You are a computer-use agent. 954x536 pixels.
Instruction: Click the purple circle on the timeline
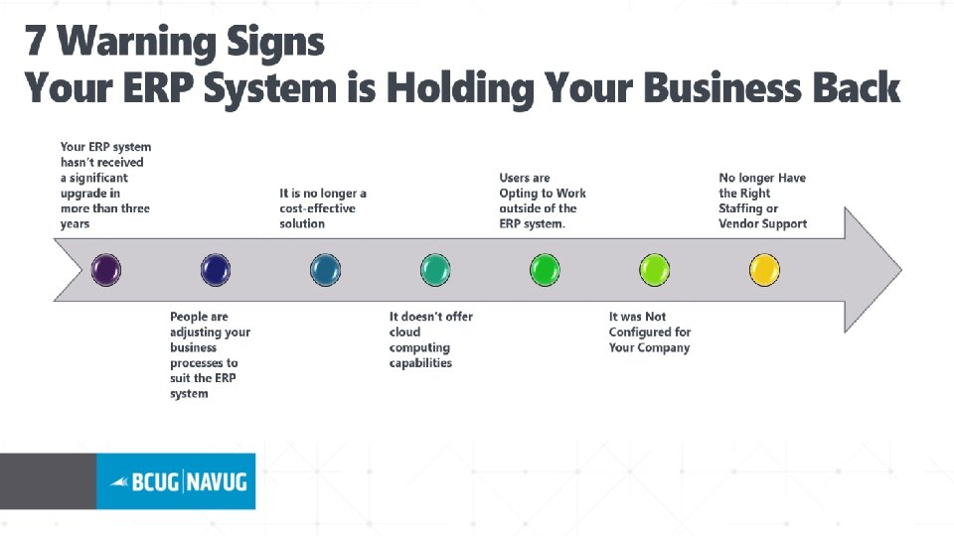tap(106, 269)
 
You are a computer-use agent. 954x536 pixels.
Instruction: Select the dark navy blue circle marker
tap(216, 269)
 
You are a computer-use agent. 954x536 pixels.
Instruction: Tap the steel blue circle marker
tap(325, 269)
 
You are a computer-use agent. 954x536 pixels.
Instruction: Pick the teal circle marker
tap(435, 269)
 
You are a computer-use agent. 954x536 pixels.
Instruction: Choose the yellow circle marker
tap(764, 269)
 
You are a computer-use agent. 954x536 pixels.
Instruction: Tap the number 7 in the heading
tap(36, 43)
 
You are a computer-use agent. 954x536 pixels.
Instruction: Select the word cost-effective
tap(317, 208)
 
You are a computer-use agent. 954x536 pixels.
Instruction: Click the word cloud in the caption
tap(405, 332)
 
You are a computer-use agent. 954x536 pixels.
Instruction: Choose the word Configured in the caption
tap(639, 332)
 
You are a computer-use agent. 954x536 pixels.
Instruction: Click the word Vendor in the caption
tap(737, 223)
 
